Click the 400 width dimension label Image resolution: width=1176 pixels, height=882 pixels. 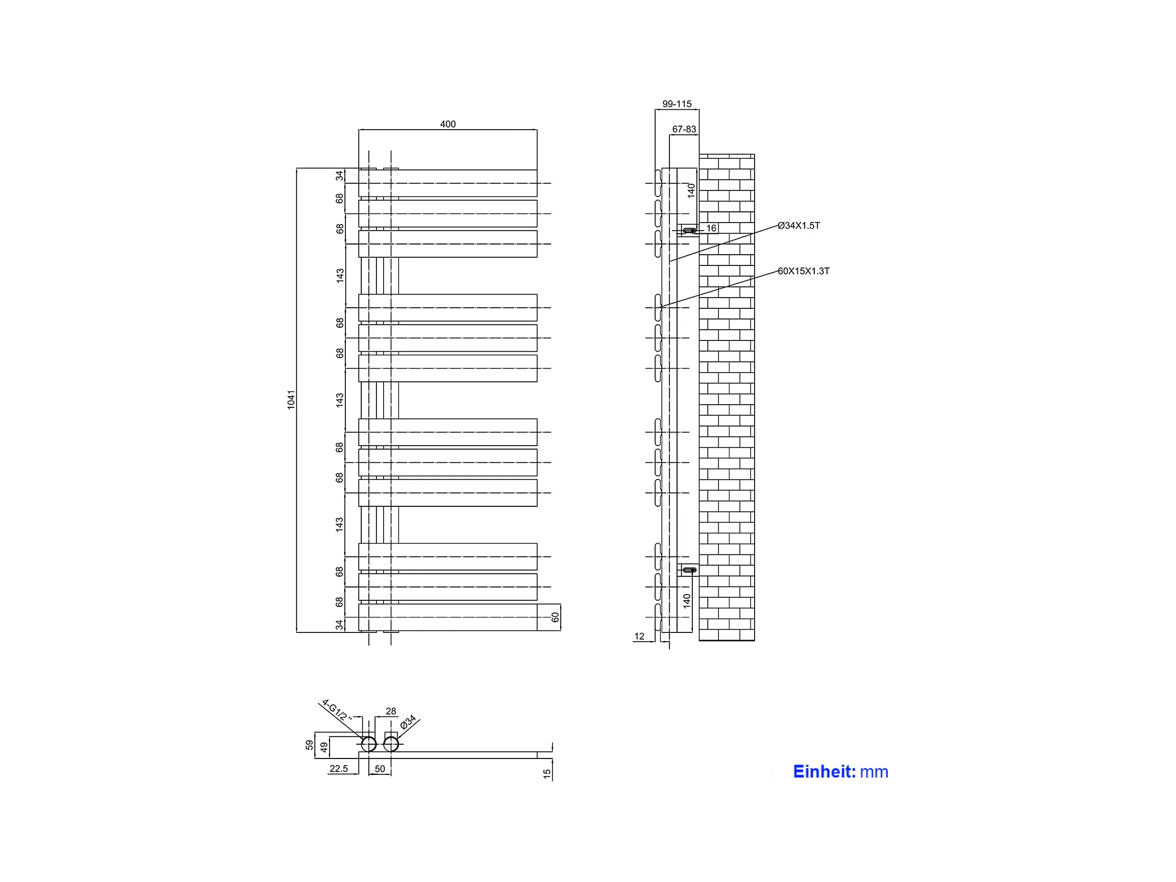(x=447, y=124)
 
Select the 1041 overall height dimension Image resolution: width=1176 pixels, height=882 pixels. (x=291, y=400)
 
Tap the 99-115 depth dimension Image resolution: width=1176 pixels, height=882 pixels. (x=677, y=104)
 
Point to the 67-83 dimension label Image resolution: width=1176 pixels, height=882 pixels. (x=684, y=129)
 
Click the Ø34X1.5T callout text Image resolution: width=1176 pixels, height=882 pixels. (x=798, y=226)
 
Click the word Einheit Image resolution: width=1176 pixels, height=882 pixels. (x=823, y=771)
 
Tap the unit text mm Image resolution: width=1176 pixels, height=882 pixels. (x=874, y=772)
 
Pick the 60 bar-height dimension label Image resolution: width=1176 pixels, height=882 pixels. (x=555, y=617)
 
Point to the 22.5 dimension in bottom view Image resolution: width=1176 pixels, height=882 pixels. (x=339, y=769)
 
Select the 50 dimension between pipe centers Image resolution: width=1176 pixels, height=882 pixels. (x=380, y=769)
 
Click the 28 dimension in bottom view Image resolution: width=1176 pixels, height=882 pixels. (x=391, y=711)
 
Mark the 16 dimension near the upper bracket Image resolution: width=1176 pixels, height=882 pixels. (x=711, y=228)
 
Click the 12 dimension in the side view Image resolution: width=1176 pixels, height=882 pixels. (x=639, y=636)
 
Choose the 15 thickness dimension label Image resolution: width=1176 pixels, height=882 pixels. (x=547, y=774)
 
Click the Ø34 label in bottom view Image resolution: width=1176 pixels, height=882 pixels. (x=408, y=722)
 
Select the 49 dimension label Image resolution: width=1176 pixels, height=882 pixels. (x=324, y=747)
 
